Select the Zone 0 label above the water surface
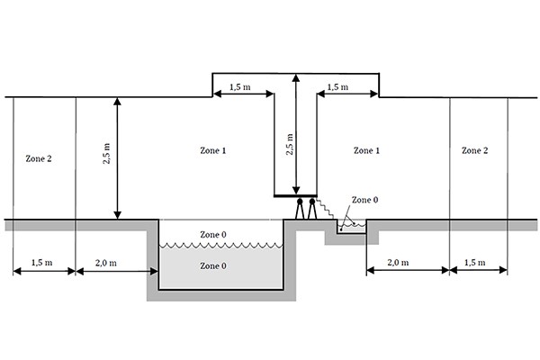pos(213,235)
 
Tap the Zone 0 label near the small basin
pos(364,200)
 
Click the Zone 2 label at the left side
pos(36,157)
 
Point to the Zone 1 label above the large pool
pos(212,150)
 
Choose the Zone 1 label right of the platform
pos(366,150)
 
